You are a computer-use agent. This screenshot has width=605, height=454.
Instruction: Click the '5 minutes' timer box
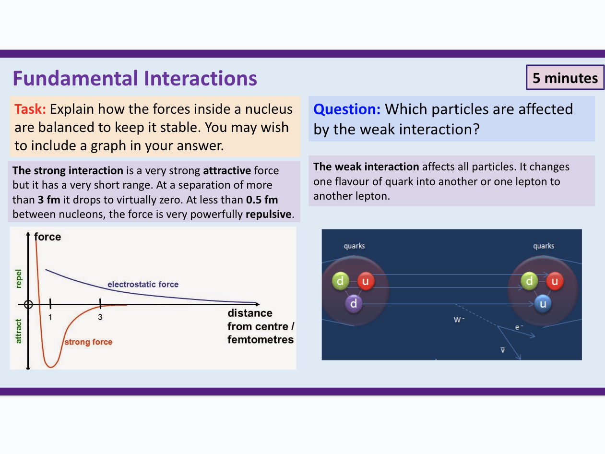coord(565,78)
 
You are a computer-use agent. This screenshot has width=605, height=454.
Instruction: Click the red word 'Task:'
coord(30,109)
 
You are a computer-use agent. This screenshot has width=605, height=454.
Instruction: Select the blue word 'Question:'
coord(347,109)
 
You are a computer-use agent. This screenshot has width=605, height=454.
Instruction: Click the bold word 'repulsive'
coord(268,214)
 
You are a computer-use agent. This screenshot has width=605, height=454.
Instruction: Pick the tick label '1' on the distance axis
coord(50,317)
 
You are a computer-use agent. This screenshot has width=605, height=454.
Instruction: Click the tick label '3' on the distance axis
coord(100,317)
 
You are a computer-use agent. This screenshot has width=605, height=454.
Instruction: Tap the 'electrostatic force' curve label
coord(142,285)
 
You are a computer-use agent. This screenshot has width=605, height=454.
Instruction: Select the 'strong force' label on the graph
coord(88,342)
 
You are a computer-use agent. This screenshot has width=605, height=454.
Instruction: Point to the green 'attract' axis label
coord(19,332)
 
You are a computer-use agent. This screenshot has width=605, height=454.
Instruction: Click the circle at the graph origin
coord(28,304)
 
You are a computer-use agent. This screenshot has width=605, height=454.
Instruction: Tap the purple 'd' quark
coord(354,304)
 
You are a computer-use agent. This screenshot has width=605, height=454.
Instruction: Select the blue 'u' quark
coord(543,303)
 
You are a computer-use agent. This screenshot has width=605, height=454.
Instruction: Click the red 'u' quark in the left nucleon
coord(366,281)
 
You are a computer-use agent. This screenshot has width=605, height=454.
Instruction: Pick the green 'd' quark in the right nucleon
coord(530,281)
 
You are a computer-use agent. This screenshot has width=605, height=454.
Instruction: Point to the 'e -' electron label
coord(519,327)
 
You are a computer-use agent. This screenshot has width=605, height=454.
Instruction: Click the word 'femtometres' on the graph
coord(261,340)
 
